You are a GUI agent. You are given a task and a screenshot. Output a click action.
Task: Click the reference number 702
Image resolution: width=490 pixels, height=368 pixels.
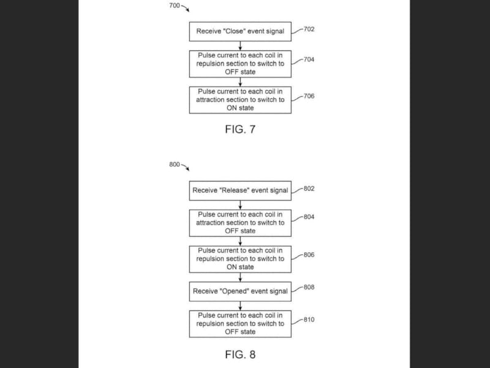pyautogui.click(x=309, y=29)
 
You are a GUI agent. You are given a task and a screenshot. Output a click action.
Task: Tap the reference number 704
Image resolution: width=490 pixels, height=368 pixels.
pyautogui.click(x=309, y=60)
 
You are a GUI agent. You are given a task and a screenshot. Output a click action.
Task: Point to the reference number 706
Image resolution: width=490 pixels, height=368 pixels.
pyautogui.click(x=309, y=96)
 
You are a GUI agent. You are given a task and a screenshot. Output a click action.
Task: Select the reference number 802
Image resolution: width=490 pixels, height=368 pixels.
pyautogui.click(x=309, y=188)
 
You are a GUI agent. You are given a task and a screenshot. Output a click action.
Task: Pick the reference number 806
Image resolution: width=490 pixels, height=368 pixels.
pyautogui.click(x=309, y=255)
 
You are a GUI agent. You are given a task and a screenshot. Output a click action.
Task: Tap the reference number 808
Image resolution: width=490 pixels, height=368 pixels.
pyautogui.click(x=309, y=287)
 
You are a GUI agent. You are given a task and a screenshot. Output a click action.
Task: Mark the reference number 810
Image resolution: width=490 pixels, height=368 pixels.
pyautogui.click(x=309, y=320)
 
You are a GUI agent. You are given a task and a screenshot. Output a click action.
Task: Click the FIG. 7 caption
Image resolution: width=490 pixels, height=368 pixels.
pyautogui.click(x=240, y=129)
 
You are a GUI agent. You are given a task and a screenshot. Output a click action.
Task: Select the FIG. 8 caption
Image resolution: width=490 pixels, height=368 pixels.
pyautogui.click(x=240, y=355)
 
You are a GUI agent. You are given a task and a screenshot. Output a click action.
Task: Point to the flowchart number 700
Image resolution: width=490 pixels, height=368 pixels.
pyautogui.click(x=175, y=6)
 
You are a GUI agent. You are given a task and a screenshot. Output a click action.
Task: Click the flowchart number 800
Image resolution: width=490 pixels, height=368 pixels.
pyautogui.click(x=175, y=164)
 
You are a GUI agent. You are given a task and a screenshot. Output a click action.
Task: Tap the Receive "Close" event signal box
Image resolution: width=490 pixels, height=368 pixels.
pyautogui.click(x=240, y=31)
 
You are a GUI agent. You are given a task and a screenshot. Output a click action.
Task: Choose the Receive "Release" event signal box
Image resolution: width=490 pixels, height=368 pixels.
pyautogui.click(x=240, y=191)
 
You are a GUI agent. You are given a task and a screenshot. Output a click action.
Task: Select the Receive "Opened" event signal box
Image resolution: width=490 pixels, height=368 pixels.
pyautogui.click(x=240, y=291)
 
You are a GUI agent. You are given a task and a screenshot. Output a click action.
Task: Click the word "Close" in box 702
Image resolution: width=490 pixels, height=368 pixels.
pyautogui.click(x=231, y=31)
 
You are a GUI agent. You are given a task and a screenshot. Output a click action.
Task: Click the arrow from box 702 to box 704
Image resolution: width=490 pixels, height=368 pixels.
pyautogui.click(x=240, y=45)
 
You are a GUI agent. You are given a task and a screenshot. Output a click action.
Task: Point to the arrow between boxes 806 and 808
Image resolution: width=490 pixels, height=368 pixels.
pyautogui.click(x=240, y=277)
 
